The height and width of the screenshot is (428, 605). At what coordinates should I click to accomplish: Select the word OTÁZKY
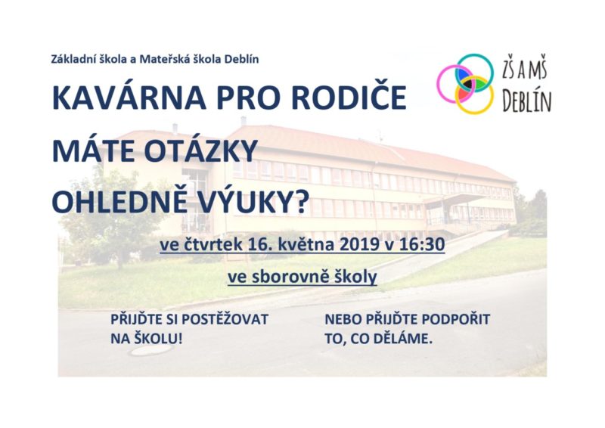[200, 150]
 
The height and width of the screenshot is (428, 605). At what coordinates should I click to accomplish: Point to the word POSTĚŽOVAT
[225, 320]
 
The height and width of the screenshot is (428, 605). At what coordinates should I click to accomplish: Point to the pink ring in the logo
[439, 84]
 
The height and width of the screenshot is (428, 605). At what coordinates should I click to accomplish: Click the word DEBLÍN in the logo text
[527, 101]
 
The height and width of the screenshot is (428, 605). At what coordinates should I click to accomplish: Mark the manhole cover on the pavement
[150, 349]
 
